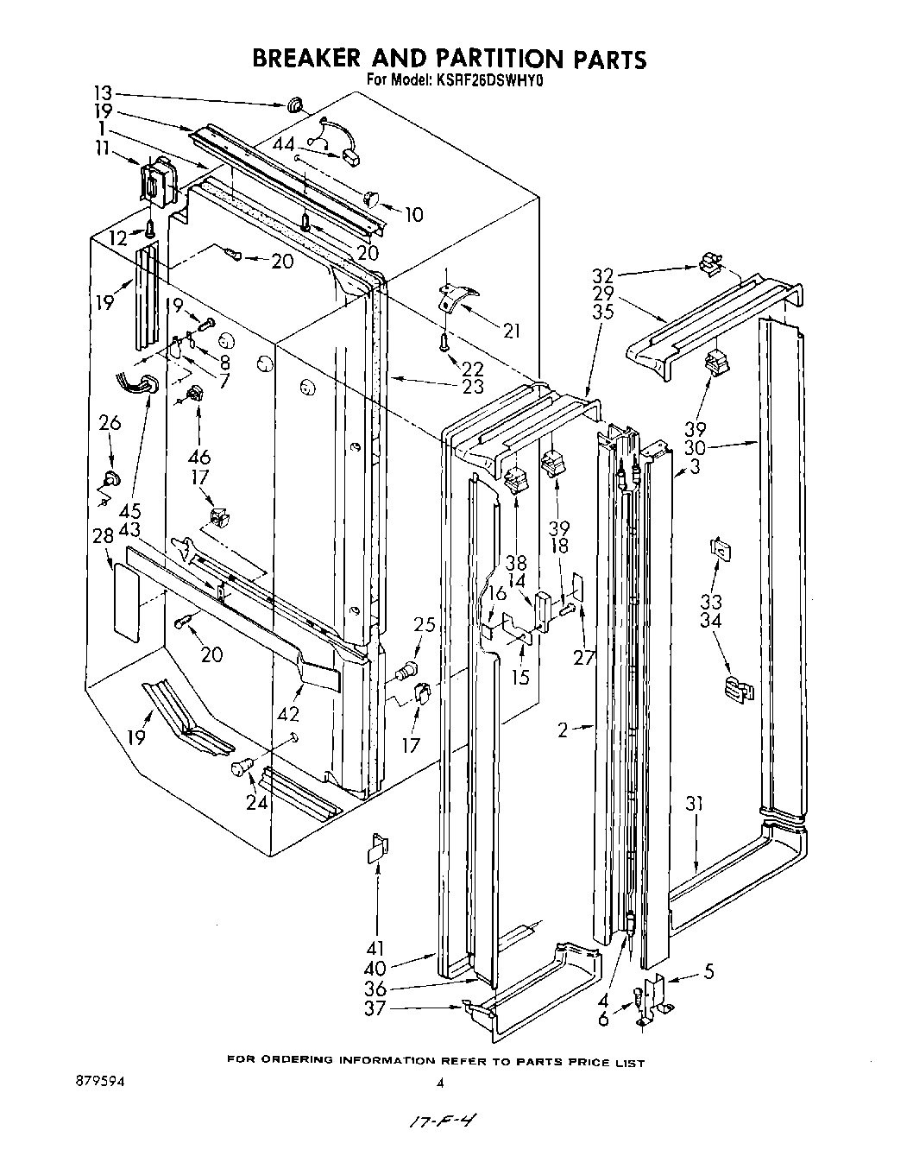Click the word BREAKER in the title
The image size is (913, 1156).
pos(301,59)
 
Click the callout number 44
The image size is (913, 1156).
pos(284,143)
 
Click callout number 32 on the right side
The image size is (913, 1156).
pos(602,275)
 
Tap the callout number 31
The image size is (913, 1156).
pos(695,804)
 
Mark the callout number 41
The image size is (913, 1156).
pos(376,948)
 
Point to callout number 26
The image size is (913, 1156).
pos(110,423)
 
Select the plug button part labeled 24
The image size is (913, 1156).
pos(242,768)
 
